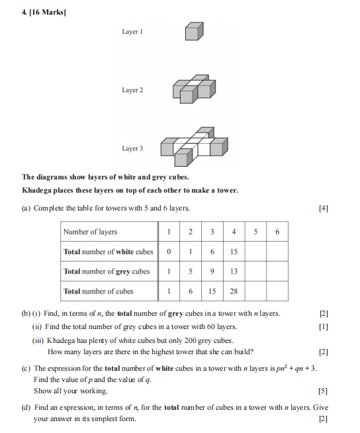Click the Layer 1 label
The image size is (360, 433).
point(132,32)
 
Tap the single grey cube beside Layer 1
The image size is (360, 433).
point(194,31)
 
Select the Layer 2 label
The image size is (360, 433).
point(132,90)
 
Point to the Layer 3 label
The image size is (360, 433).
point(132,148)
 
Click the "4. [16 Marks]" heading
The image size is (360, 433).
point(44,12)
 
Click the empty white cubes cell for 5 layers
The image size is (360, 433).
point(255,252)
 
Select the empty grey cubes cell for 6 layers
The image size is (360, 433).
point(277,271)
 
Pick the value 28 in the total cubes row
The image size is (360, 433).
point(234,291)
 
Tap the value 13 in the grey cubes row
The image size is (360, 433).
point(234,271)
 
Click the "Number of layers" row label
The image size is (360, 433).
point(90,232)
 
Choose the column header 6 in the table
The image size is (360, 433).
point(277,232)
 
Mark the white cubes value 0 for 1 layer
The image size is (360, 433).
point(169,252)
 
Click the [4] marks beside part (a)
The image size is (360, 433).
point(324,208)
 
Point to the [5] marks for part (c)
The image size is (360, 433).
point(323,391)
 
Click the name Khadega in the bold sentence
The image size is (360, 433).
point(36,191)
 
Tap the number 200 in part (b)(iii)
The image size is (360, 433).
point(190,340)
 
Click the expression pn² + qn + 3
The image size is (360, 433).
point(296,368)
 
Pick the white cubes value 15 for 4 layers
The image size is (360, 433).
point(234,252)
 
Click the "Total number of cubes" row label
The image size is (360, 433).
point(99,291)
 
